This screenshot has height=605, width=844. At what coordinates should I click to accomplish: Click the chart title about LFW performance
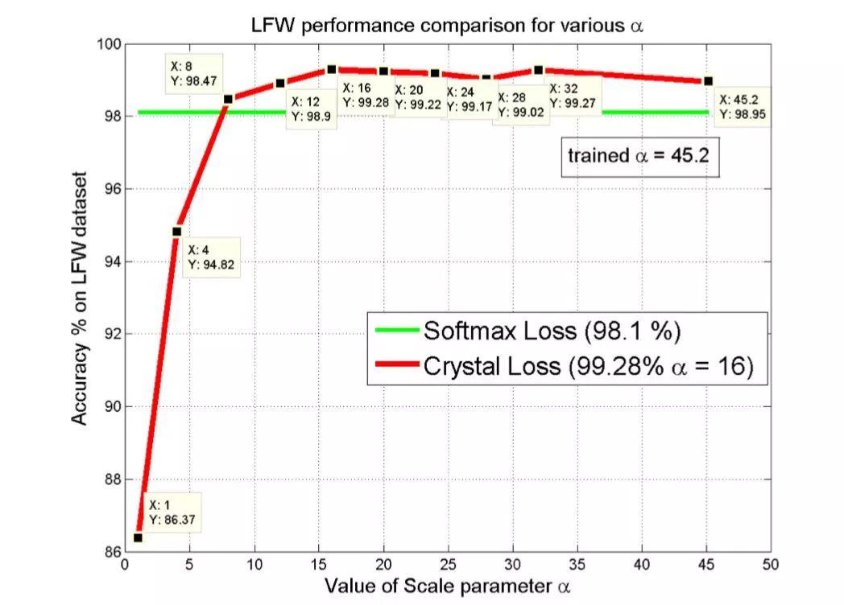449,25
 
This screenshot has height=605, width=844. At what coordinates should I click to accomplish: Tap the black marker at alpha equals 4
177,232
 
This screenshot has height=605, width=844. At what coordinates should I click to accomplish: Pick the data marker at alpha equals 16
332,69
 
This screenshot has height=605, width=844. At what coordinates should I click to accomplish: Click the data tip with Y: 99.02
520,105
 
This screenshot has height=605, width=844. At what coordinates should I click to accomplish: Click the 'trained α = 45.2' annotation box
638,155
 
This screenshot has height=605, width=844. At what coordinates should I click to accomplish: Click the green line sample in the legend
397,331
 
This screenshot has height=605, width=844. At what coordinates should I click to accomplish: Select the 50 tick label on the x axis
771,565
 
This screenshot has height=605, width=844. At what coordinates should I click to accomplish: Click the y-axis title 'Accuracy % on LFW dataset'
79,298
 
